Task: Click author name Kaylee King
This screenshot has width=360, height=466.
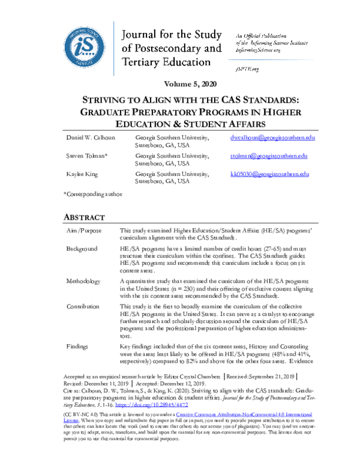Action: click(x=80, y=174)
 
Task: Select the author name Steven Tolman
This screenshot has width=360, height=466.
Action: click(x=85, y=156)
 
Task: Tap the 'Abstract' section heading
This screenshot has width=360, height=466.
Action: click(x=84, y=217)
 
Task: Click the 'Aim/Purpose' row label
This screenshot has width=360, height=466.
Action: click(x=85, y=231)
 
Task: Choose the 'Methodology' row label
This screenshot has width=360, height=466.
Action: click(x=85, y=280)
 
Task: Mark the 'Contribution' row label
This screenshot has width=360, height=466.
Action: click(x=85, y=306)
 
